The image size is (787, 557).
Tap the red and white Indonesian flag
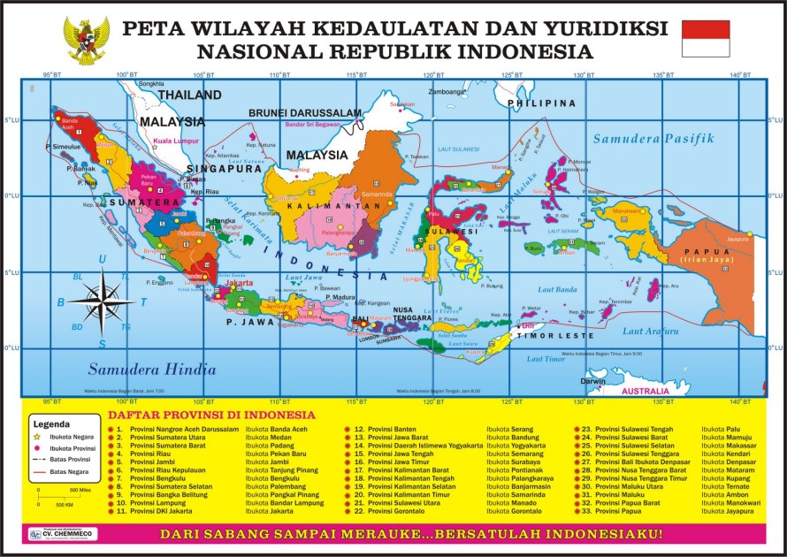(705, 39)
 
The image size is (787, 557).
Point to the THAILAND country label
(189, 95)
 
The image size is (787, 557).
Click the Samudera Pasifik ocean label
(653, 139)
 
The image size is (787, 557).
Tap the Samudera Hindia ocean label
(151, 370)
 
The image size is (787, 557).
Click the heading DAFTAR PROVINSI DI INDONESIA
(211, 414)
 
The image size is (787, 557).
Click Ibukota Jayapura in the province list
(728, 511)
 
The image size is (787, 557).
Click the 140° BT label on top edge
(740, 74)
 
